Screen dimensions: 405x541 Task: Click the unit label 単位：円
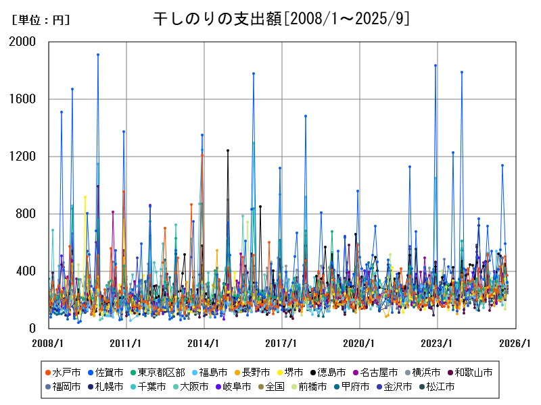coord(41,20)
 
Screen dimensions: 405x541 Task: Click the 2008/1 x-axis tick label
coord(49,343)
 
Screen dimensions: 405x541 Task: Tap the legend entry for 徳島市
coord(331,372)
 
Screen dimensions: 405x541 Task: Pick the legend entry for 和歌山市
coord(473,372)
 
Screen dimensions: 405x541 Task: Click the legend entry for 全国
coord(275,387)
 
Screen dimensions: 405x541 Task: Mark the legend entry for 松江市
coord(440,387)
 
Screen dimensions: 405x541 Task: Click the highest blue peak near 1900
coord(98,55)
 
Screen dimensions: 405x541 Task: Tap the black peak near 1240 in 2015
coord(228,151)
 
